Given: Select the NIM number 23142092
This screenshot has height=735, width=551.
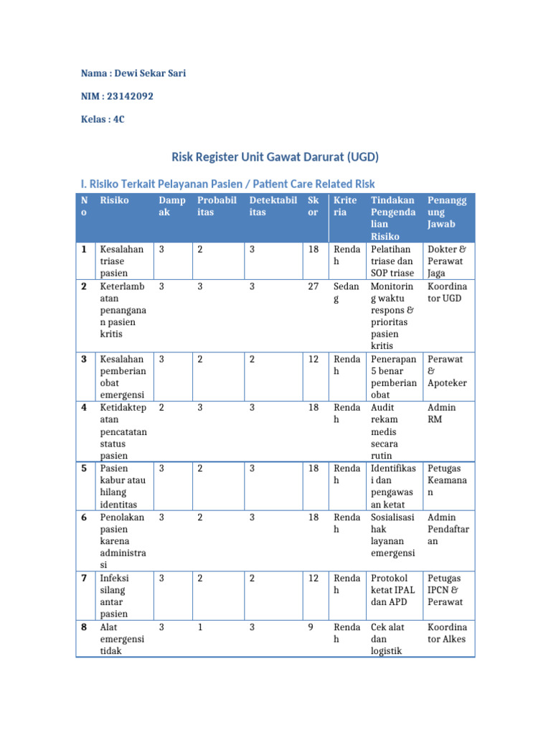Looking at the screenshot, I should pyautogui.click(x=129, y=96).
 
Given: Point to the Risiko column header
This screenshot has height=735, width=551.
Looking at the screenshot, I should pyautogui.click(x=114, y=200).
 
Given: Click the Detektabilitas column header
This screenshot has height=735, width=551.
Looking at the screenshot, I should pyautogui.click(x=273, y=206).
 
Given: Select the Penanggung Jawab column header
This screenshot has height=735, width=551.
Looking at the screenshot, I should pyautogui.click(x=446, y=212).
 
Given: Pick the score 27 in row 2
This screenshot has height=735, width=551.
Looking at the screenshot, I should pyautogui.click(x=314, y=286).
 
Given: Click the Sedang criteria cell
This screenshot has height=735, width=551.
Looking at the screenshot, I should pyautogui.click(x=346, y=292).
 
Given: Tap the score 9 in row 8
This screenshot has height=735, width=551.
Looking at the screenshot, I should pyautogui.click(x=311, y=627).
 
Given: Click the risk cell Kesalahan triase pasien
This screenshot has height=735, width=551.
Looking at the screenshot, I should pyautogui.click(x=122, y=261).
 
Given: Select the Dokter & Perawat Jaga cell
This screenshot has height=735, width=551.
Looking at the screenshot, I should pyautogui.click(x=446, y=261).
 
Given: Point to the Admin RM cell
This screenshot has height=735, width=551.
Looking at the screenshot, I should pyautogui.click(x=441, y=413).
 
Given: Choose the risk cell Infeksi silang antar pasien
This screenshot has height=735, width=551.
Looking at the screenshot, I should pyautogui.click(x=114, y=596).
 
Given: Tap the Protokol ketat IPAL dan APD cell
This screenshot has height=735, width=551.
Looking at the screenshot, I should pyautogui.click(x=392, y=590).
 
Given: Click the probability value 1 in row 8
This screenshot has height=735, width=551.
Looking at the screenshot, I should pyautogui.click(x=200, y=627).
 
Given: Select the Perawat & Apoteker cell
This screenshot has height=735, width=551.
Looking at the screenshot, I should pyautogui.click(x=446, y=371).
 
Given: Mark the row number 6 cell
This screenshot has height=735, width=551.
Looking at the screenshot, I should pyautogui.click(x=84, y=518).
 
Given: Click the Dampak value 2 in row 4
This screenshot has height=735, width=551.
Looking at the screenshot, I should pyautogui.click(x=161, y=408).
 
